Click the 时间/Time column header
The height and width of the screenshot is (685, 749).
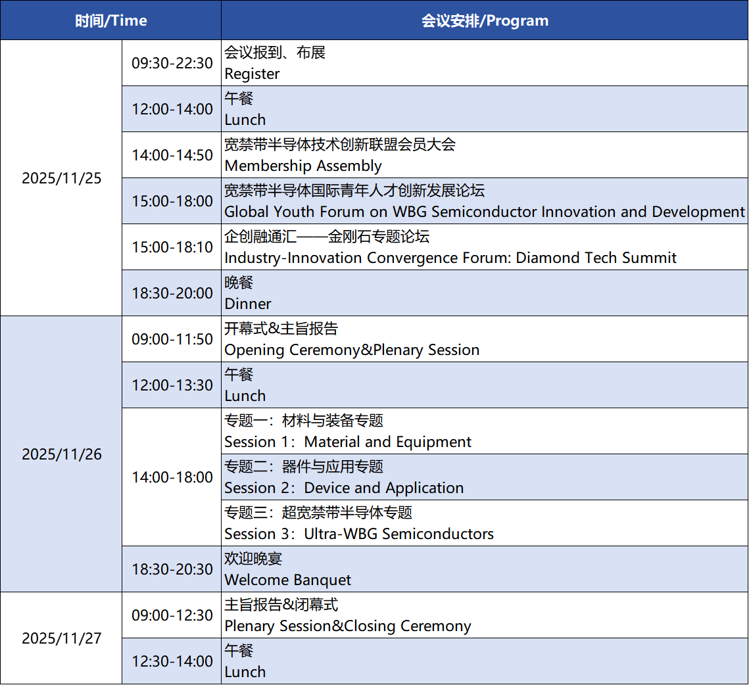pyautogui.click(x=111, y=20)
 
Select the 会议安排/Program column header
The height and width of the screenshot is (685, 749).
pyautogui.click(x=485, y=20)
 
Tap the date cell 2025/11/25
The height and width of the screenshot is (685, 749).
pyautogui.click(x=62, y=178)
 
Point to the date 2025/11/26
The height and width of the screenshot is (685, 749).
pyautogui.click(x=62, y=454)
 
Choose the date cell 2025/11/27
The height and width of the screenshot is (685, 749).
pyautogui.click(x=62, y=638)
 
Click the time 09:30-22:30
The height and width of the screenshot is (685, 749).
pyautogui.click(x=172, y=63)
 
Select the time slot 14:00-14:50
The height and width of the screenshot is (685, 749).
pyautogui.click(x=172, y=155)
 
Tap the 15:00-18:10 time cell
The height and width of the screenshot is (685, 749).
pyautogui.click(x=172, y=247)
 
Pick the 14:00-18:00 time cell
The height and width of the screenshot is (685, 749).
pyautogui.click(x=172, y=477)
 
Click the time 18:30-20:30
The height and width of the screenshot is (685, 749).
pyautogui.click(x=172, y=569)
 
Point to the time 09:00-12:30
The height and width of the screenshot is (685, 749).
pyautogui.click(x=172, y=615)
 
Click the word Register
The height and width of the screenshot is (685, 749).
pyautogui.click(x=252, y=74)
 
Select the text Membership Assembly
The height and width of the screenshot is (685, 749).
pyautogui.click(x=303, y=166)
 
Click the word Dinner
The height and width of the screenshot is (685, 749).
pyautogui.click(x=247, y=304)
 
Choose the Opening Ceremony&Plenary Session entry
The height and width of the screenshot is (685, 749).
pyautogui.click(x=352, y=350)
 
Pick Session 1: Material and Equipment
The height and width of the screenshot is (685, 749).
pyautogui.click(x=348, y=442)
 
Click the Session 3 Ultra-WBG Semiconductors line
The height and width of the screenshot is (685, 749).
pyautogui.click(x=359, y=534)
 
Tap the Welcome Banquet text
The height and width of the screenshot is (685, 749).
pyautogui.click(x=287, y=580)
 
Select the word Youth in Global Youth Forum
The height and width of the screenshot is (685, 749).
pyautogui.click(x=294, y=212)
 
